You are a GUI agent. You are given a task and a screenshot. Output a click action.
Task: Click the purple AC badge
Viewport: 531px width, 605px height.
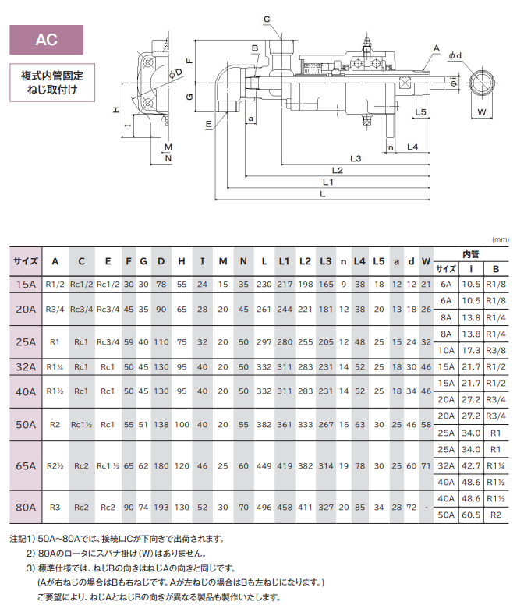[47, 38]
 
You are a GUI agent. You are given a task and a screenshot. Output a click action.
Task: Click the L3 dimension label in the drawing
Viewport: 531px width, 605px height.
[356, 158]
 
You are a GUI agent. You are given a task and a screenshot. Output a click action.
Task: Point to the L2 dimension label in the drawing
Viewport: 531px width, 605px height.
[337, 170]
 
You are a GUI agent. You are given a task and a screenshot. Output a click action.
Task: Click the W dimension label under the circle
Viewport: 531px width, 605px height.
[480, 112]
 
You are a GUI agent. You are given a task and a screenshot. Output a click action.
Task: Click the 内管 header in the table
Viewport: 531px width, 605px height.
[471, 254]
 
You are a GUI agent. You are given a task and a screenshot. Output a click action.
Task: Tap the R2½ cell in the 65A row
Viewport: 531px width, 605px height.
[55, 465]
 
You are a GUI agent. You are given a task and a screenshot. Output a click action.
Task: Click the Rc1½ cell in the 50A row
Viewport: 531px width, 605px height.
[82, 425]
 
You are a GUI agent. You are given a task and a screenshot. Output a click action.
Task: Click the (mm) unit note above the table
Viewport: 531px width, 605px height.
[500, 239]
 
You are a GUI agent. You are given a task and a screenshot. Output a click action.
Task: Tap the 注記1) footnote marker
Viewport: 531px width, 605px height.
[23, 538]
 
